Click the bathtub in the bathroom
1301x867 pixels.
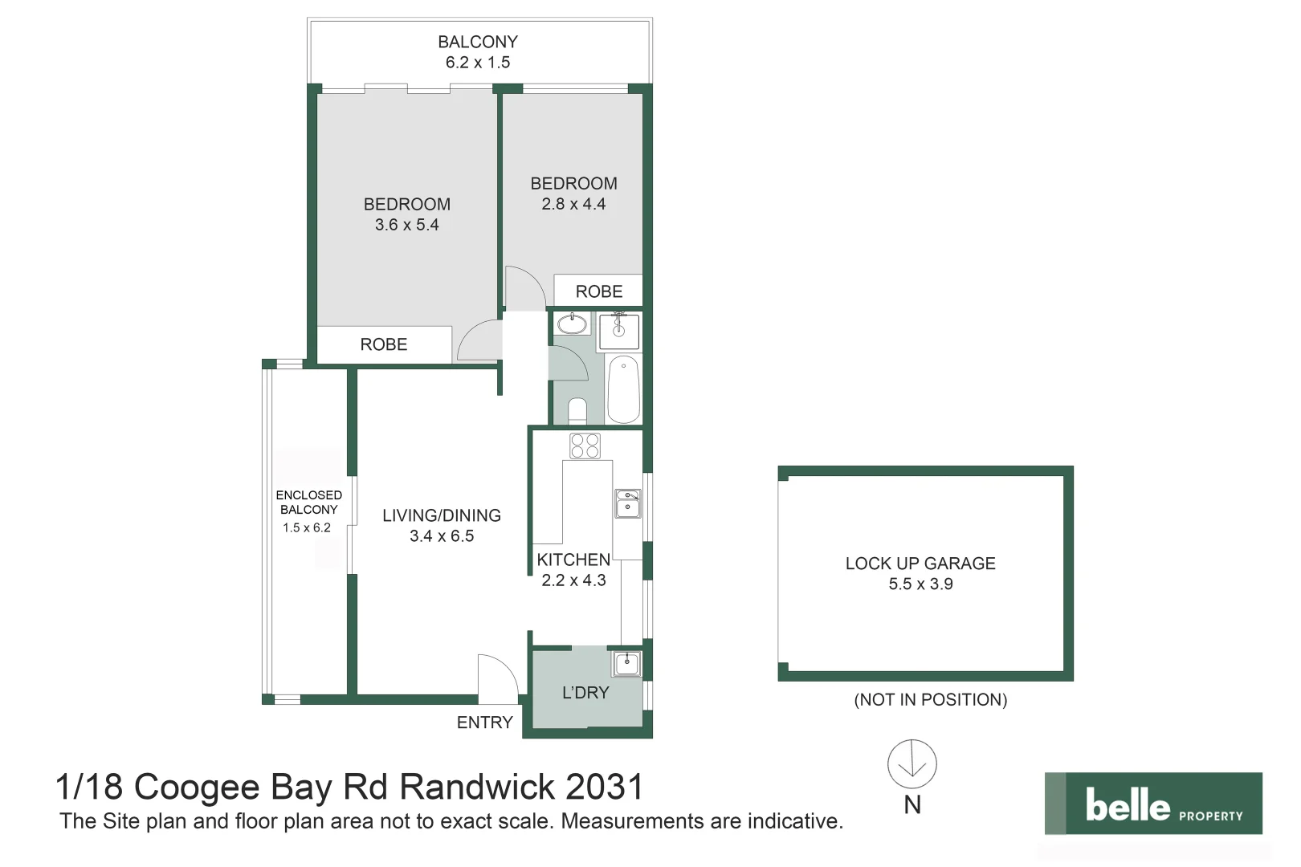(623, 389)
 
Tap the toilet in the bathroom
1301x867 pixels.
(577, 411)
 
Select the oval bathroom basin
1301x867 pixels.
(573, 324)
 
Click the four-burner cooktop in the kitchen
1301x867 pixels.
(585, 446)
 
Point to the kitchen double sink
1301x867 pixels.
(628, 503)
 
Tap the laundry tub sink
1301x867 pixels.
(626, 663)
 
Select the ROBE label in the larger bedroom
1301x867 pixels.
(383, 344)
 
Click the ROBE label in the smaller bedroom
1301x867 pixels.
(599, 291)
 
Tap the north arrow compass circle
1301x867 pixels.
(912, 763)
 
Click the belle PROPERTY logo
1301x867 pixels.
(1152, 804)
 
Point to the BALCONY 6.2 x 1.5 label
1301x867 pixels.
(478, 52)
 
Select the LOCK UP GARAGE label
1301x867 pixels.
(920, 564)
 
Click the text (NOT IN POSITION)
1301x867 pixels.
(930, 700)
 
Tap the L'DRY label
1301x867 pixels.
(585, 693)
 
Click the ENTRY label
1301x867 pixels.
(484, 722)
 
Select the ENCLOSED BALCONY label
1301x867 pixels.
(309, 503)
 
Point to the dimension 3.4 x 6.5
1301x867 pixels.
(442, 536)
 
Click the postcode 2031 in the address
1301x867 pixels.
(604, 788)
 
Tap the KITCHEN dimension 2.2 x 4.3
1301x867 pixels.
(573, 580)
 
